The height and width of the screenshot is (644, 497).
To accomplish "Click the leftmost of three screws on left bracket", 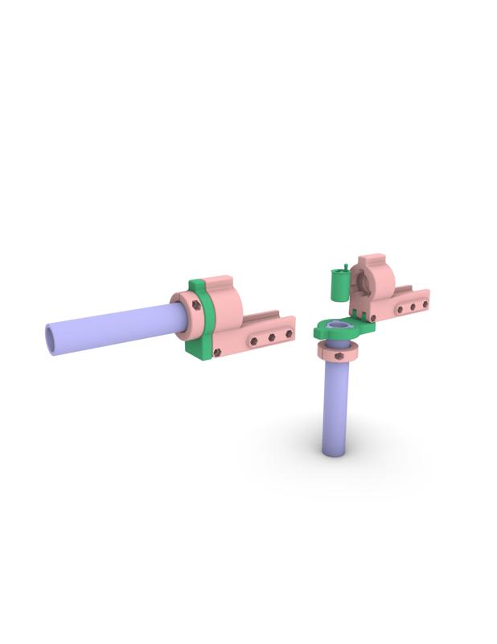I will point(254,341).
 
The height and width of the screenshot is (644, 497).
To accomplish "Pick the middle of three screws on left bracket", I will point(272,336).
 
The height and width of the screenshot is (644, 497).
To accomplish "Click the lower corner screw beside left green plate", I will point(216,351).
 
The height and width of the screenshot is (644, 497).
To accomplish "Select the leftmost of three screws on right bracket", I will point(399,309).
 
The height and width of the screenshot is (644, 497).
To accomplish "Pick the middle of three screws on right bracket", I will point(413,307).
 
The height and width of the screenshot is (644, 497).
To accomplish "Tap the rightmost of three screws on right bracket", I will point(425,304).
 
